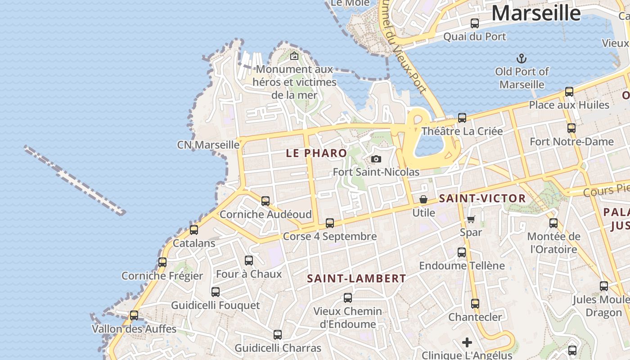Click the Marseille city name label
coord(535,13)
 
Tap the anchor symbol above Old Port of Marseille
coord(521,58)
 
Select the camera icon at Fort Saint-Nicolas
coord(376,159)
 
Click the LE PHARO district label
coord(316,153)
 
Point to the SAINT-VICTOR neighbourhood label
coord(482,198)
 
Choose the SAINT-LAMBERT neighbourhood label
coord(356,279)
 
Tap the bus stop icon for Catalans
coord(194,229)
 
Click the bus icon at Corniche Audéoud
coord(265,201)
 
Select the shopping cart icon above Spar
coord(471,219)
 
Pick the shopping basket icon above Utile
coord(423,199)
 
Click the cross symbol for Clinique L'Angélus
coord(467,342)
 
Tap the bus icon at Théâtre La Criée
coord(462,118)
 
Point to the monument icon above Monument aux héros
coord(294,56)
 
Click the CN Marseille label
coord(208,145)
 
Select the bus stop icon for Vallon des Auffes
coord(134,315)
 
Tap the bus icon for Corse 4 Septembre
coord(330,223)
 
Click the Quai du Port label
coord(475,37)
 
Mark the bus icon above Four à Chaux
coord(249,260)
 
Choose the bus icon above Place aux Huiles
coord(569,92)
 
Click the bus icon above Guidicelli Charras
coord(278,334)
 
